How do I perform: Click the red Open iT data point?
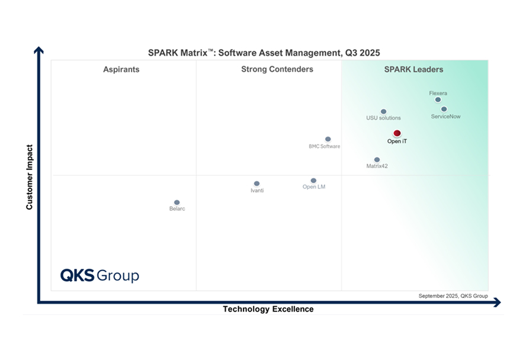pyautogui.click(x=397, y=134)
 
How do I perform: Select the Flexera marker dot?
pyautogui.click(x=438, y=99)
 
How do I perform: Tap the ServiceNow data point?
pyautogui.click(x=444, y=109)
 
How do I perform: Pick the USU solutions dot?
pyautogui.click(x=383, y=111)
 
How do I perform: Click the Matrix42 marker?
pyautogui.click(x=377, y=160)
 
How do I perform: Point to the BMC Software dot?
pyautogui.click(x=328, y=139)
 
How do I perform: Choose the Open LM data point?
pyautogui.click(x=313, y=181)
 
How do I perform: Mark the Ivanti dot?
pyautogui.click(x=256, y=184)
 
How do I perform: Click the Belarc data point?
pyautogui.click(x=177, y=202)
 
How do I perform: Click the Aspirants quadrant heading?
pyautogui.click(x=121, y=70)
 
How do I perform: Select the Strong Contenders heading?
pyautogui.click(x=277, y=70)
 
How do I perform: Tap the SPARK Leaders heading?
pyautogui.click(x=413, y=70)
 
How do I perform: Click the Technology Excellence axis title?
pyautogui.click(x=268, y=309)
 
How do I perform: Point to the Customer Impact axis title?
pyautogui.click(x=29, y=176)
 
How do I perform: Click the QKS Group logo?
pyautogui.click(x=100, y=275)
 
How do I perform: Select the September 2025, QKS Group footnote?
pyautogui.click(x=453, y=295)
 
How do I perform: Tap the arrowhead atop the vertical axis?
pyautogui.click(x=39, y=50)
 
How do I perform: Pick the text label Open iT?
pyautogui.click(x=397, y=142)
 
